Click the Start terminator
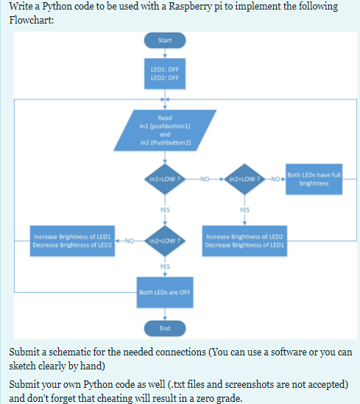coord(165,40)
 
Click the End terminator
coord(165,328)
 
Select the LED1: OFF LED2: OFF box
coord(165,74)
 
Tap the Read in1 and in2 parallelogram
coord(165,130)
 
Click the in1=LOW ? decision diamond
coord(165,179)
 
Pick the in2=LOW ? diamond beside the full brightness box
coord(244,179)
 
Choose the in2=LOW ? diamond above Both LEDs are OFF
coord(165,241)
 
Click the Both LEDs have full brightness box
coord(314,179)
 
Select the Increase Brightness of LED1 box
coord(72,241)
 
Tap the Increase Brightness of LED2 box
coord(244,241)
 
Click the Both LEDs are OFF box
coord(165,292)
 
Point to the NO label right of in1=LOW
coord(205,179)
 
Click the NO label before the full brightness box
coord(275,179)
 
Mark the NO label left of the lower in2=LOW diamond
coord(130,241)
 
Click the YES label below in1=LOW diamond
coord(165,210)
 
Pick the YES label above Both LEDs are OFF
coord(165,266)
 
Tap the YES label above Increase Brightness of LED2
coord(244,210)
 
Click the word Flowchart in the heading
coord(32,20)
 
